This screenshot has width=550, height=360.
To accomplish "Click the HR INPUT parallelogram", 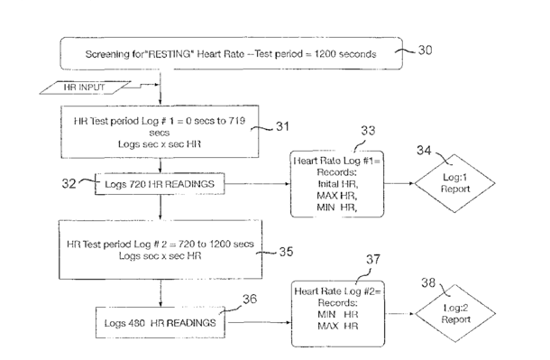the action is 86,88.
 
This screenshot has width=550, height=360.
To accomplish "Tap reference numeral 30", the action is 426,51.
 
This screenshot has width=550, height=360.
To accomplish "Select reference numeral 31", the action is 283,126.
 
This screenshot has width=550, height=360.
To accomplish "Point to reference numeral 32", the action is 69,183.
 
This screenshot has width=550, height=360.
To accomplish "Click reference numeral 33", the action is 368,131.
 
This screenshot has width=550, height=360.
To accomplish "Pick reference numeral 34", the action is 424,151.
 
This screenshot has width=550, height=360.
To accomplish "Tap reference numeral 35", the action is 286,252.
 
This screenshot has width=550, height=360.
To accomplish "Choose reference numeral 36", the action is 250,299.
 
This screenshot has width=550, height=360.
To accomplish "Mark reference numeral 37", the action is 373,259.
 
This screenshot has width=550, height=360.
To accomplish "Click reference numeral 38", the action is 428,282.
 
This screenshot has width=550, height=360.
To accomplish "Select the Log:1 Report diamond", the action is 455,183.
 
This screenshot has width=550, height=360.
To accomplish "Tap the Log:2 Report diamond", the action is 455,313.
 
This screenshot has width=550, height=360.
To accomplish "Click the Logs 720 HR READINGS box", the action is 160,184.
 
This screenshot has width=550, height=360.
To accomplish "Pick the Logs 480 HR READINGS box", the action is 160,322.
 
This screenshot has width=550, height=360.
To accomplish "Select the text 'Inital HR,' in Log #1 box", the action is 338,184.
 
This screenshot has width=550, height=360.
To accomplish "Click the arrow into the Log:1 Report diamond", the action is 399,183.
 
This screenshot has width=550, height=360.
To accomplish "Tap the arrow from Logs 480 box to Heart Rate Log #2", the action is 259,322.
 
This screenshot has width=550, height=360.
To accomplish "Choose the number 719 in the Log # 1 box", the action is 237,121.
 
